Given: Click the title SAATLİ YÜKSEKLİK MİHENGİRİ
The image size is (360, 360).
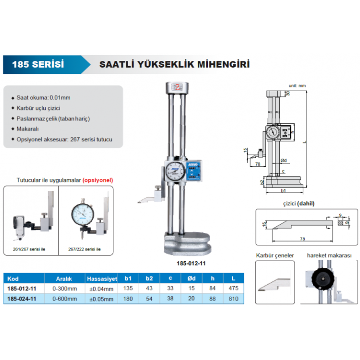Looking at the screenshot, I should [174, 64].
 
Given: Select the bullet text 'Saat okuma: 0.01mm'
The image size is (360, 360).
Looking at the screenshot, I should [43, 97].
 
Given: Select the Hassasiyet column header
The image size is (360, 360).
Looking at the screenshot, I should [102, 278].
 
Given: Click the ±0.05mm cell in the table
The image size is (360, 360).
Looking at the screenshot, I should [102, 299].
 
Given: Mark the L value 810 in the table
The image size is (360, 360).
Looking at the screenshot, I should [233, 299].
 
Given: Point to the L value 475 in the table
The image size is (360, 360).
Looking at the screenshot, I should [233, 288].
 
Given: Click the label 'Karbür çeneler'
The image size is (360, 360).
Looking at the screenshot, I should [275, 255].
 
